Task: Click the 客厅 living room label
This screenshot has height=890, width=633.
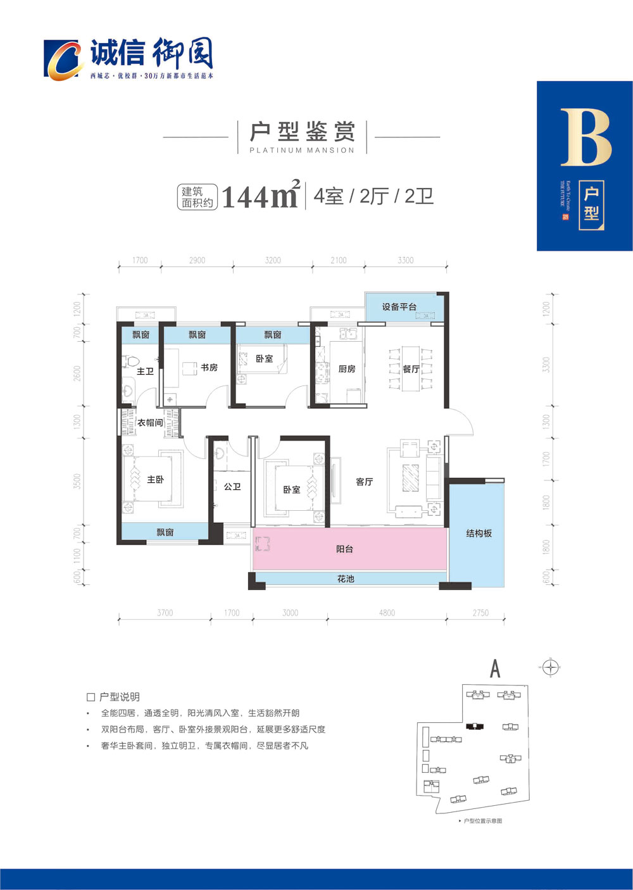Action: (365, 482)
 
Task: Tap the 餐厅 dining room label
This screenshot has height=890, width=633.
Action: (411, 369)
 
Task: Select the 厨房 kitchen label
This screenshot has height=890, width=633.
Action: (347, 369)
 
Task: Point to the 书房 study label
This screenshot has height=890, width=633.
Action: (209, 367)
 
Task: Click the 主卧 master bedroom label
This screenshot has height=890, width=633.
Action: (155, 480)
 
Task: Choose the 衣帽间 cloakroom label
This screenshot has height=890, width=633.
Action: (150, 422)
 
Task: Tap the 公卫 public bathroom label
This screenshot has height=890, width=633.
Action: (232, 487)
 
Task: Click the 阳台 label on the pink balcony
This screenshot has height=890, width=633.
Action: (344, 549)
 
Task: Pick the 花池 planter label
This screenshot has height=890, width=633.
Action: (346, 579)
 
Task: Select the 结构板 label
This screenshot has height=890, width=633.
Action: (479, 534)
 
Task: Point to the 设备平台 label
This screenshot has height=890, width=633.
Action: (399, 307)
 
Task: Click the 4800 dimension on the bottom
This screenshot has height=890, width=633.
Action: (387, 613)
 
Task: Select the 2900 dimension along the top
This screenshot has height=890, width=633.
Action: (197, 260)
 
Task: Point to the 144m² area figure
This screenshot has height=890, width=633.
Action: (260, 196)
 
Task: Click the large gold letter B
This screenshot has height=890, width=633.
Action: (586, 137)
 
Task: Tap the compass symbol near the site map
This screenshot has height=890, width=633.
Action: (551, 667)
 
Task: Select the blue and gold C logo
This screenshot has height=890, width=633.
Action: (63, 60)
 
